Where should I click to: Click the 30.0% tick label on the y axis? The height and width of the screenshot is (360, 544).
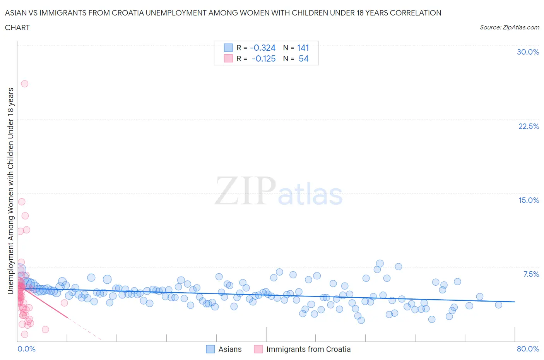[528, 52]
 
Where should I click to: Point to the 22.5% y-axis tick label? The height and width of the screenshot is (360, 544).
[529, 126]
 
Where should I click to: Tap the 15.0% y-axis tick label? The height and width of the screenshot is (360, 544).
[529, 200]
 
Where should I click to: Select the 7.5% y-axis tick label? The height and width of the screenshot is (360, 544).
[531, 274]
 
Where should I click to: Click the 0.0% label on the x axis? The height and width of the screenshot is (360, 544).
[26, 349]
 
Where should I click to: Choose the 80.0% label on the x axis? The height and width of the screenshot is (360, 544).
[528, 349]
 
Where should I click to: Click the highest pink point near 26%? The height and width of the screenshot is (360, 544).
[24, 84]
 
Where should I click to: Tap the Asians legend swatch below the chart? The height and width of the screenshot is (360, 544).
[210, 349]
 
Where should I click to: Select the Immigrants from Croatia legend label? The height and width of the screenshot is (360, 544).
[308, 349]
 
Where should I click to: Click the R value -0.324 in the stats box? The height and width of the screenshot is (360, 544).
[263, 48]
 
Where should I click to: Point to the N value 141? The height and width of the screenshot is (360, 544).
[303, 48]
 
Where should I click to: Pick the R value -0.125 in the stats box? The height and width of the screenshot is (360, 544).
[263, 58]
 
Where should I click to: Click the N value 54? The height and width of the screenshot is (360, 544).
[304, 58]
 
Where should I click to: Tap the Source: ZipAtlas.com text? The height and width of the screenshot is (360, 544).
[509, 27]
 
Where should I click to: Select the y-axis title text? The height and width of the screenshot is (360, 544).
[10, 190]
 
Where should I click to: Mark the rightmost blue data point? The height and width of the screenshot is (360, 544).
[498, 305]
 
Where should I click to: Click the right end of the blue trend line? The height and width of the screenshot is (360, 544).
[515, 302]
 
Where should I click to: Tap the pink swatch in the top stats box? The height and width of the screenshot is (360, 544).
[228, 58]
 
